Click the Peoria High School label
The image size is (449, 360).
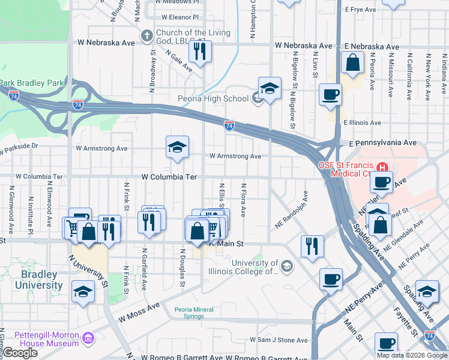213,98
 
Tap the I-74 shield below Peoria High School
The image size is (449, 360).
229,125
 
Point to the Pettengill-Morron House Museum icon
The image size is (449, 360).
88,339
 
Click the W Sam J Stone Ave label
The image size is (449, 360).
279,340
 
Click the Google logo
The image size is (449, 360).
20,353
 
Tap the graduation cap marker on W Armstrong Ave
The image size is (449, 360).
177,148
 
